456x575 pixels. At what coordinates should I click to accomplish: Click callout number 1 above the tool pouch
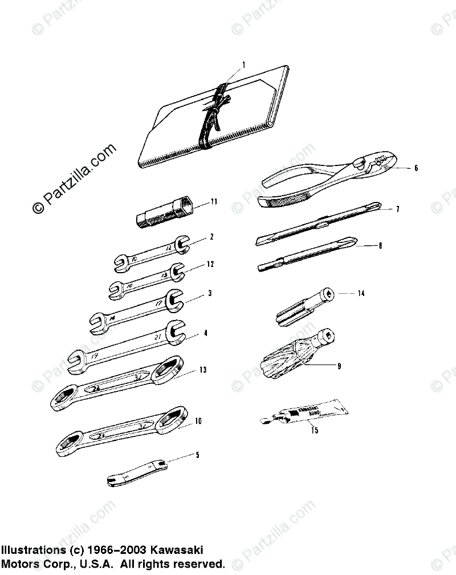click(243, 65)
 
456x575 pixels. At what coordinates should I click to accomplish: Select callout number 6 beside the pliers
click(416, 168)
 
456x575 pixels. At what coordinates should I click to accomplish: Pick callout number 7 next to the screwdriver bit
click(397, 209)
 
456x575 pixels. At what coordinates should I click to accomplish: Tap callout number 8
click(380, 246)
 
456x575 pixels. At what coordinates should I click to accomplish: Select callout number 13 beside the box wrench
click(202, 370)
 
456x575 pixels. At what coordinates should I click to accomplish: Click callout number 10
click(198, 422)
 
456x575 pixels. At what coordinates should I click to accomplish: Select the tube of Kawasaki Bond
click(304, 413)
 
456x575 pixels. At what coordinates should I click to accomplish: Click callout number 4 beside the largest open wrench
click(206, 333)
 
